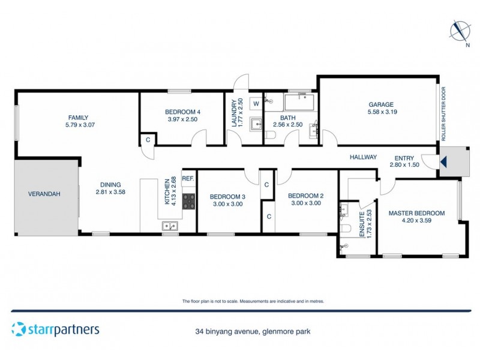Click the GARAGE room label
[382, 103]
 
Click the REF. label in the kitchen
[188, 178]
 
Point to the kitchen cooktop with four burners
[189, 202]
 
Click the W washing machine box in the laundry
[256, 104]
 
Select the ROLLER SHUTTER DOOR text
[443, 114]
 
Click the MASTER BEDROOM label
[416, 213]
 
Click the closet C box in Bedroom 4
[148, 140]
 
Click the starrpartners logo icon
[19, 329]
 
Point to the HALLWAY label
[363, 157]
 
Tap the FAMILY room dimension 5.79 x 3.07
[81, 125]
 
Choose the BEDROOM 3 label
[227, 196]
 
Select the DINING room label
[108, 185]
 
